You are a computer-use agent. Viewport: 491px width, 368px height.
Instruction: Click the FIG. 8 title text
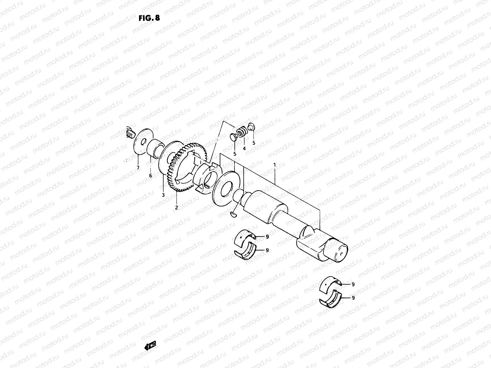pos(149,17)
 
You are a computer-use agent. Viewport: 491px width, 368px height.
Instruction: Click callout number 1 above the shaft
pos(275,165)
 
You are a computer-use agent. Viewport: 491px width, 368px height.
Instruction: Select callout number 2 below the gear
pos(176,207)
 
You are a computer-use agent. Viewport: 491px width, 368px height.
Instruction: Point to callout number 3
pos(163,195)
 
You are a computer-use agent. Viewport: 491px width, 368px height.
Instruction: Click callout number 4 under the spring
pos(244,148)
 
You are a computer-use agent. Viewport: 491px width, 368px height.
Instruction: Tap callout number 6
pos(150,175)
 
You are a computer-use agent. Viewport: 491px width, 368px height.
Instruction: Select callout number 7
pos(138,168)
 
